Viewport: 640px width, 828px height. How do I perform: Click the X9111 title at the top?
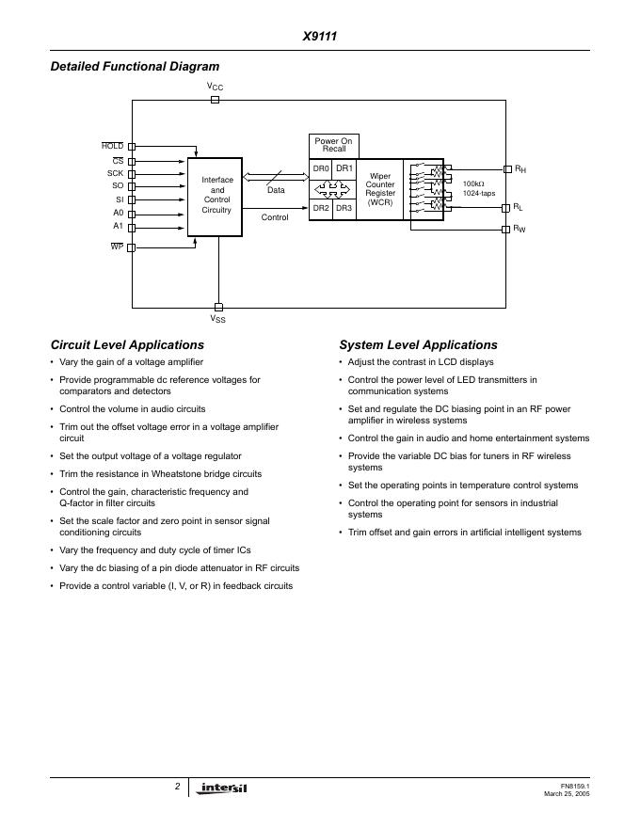click(x=320, y=37)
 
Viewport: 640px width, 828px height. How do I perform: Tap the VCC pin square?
click(x=216, y=99)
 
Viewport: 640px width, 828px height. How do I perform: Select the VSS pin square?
click(x=218, y=307)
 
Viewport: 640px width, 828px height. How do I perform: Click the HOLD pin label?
click(x=112, y=146)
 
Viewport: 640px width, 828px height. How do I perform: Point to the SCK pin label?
click(x=115, y=173)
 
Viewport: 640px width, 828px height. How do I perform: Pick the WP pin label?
click(x=117, y=247)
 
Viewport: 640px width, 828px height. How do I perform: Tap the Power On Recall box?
click(x=333, y=146)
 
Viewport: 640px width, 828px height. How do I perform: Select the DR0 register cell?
click(x=321, y=168)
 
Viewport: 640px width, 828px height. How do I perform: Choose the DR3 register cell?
click(x=344, y=208)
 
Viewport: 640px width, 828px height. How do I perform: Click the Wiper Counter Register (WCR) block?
click(x=380, y=189)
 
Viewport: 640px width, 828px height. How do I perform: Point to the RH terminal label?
click(x=520, y=169)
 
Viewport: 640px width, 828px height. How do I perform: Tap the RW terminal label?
click(x=520, y=230)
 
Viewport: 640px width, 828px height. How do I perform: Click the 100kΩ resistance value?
click(x=473, y=183)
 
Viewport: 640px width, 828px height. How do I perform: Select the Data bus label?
click(x=275, y=190)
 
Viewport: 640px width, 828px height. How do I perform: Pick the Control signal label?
click(x=275, y=217)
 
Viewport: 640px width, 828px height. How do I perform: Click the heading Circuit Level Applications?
click(x=127, y=345)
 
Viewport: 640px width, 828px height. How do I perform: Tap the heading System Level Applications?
click(x=418, y=345)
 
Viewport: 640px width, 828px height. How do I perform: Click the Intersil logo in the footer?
click(x=223, y=788)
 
